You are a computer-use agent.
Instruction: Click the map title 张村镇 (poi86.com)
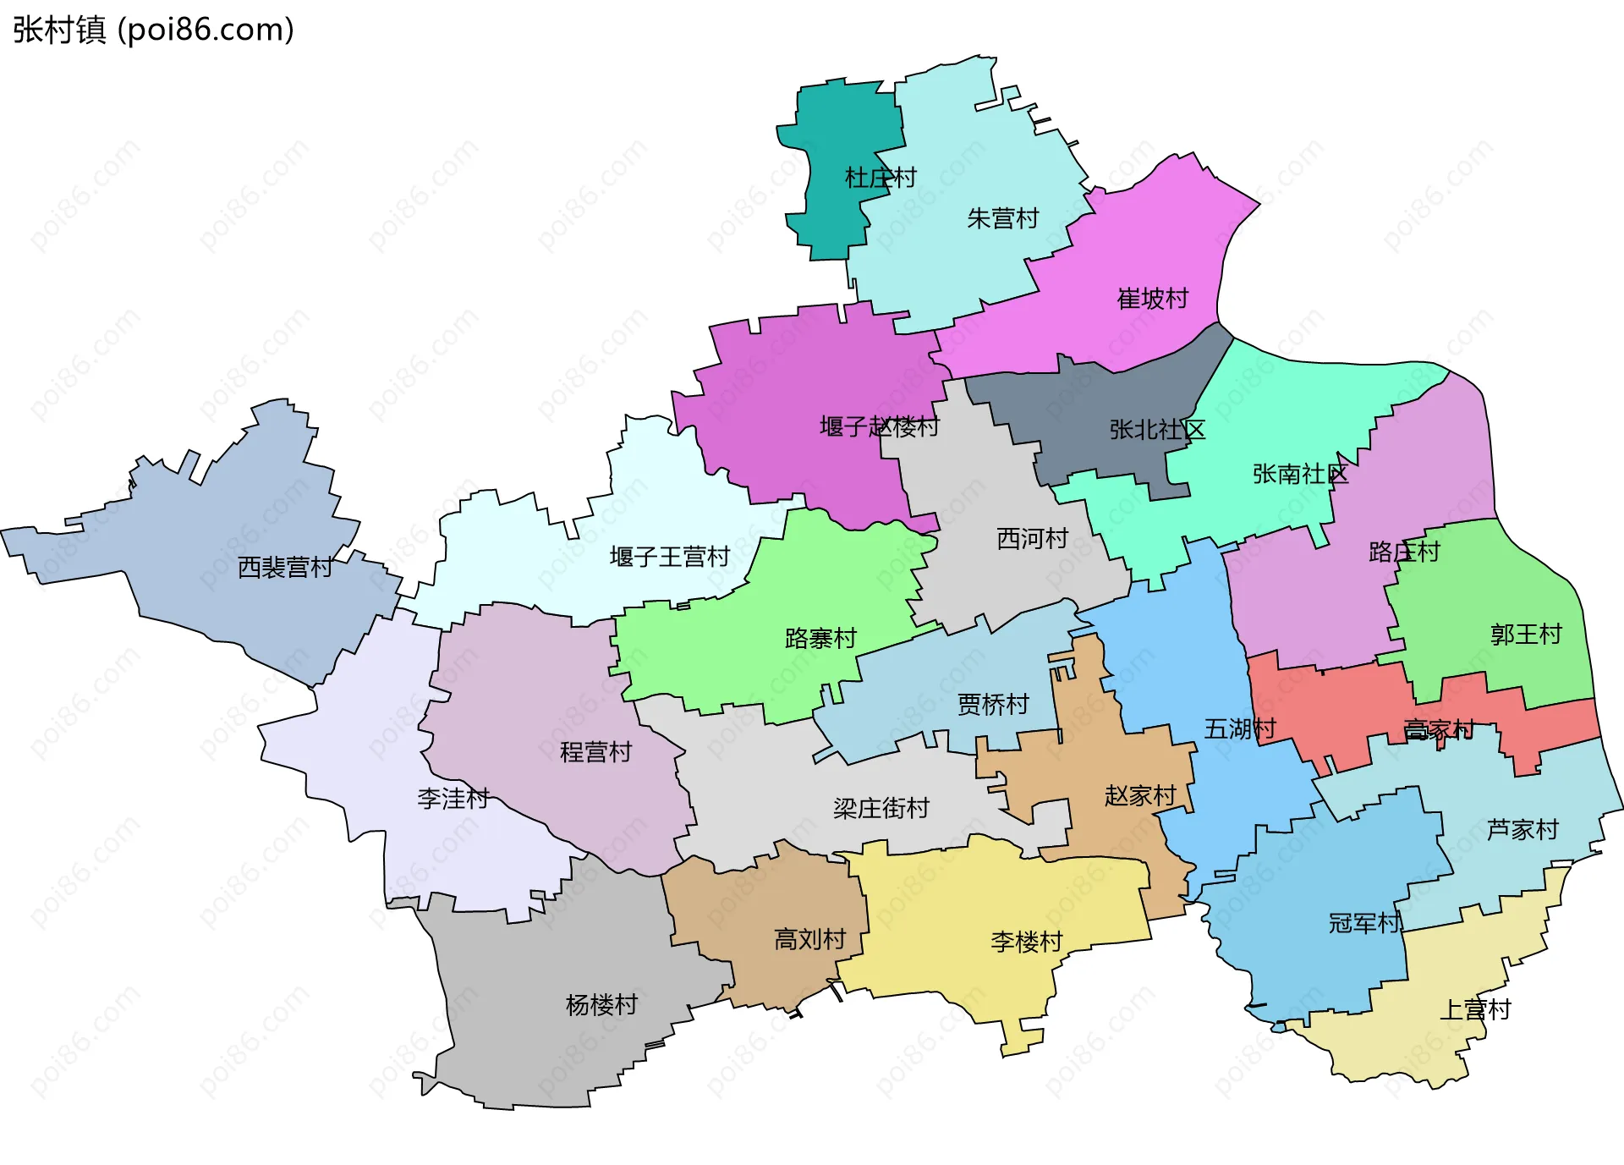153,30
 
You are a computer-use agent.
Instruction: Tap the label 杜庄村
881,178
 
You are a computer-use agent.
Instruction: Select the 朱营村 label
1002,218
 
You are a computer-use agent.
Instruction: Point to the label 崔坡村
1152,298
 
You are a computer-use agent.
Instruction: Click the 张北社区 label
1156,429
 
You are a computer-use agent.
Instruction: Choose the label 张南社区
1299,473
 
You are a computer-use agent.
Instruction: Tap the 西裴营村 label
285,567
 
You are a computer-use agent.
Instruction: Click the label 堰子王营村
669,556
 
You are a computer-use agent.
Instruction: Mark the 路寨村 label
820,638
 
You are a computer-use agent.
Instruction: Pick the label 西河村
1032,538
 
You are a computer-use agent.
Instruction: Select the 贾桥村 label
992,704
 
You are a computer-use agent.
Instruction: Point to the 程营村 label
595,751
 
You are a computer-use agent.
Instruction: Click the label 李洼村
453,798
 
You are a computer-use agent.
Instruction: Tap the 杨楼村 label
601,1004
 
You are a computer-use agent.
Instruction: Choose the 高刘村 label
809,938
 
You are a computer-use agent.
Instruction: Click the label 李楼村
1026,941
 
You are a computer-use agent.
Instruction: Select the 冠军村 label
1363,922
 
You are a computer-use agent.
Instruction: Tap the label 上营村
1474,1008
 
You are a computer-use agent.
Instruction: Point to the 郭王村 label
1525,634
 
